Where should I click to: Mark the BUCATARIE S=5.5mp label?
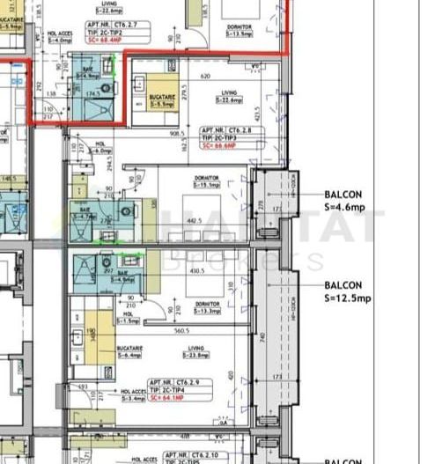click(x=162, y=99)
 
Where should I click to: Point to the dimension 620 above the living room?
click(x=205, y=77)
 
